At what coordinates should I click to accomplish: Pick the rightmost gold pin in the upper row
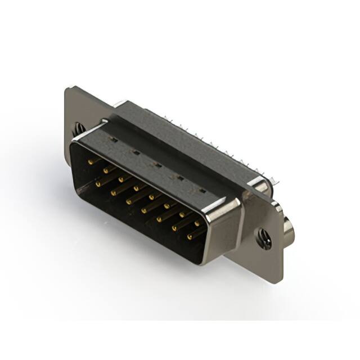197,223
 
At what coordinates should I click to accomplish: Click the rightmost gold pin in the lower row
190,236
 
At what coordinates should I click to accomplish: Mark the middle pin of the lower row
145,210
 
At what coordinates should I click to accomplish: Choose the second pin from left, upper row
106,170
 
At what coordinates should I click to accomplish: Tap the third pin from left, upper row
121,179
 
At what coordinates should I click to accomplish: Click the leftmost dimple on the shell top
114,140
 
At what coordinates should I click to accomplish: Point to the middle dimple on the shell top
158,165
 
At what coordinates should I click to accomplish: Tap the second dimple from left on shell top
136,152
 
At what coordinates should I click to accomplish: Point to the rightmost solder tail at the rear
275,179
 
